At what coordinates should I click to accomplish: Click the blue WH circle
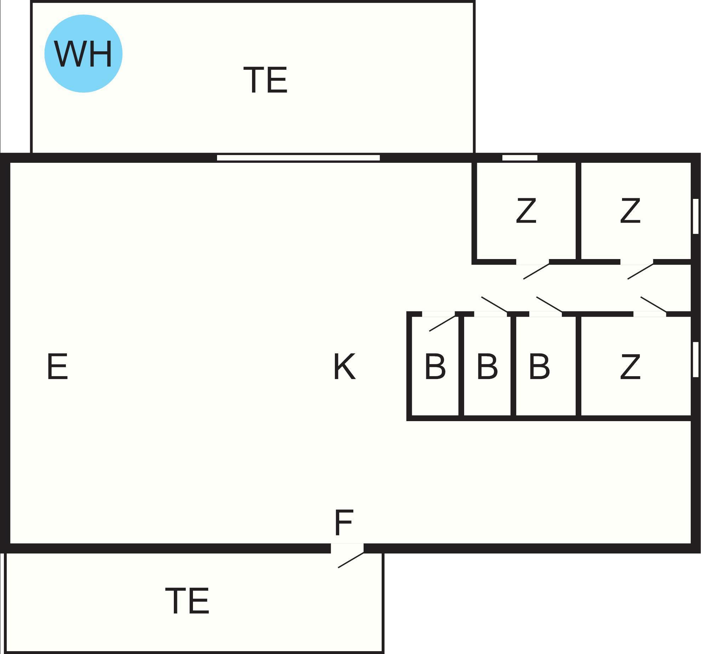click(x=83, y=54)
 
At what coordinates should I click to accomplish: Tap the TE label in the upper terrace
click(x=266, y=80)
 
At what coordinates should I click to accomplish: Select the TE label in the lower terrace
click(x=187, y=601)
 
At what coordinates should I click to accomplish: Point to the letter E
click(x=57, y=367)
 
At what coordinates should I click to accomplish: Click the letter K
click(x=344, y=367)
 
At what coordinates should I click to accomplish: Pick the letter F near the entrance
click(x=344, y=523)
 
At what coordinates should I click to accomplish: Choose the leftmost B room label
click(x=435, y=367)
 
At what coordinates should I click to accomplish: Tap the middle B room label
click(x=487, y=367)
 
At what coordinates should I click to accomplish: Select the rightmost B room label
click(x=539, y=367)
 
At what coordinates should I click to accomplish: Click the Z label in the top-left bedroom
click(x=526, y=211)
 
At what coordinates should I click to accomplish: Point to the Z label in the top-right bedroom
click(x=630, y=211)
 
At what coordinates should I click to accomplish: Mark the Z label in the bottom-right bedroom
click(x=630, y=367)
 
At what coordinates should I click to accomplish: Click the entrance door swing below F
click(x=350, y=560)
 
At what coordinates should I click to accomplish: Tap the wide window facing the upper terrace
click(x=298, y=158)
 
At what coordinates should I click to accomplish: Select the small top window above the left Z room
click(x=520, y=158)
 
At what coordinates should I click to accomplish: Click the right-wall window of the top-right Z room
click(x=695, y=216)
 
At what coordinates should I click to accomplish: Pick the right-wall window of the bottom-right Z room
click(x=695, y=359)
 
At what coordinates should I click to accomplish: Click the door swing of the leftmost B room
click(x=442, y=323)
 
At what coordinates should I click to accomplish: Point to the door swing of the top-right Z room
click(x=640, y=271)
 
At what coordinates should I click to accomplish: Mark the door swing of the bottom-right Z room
click(x=654, y=304)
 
